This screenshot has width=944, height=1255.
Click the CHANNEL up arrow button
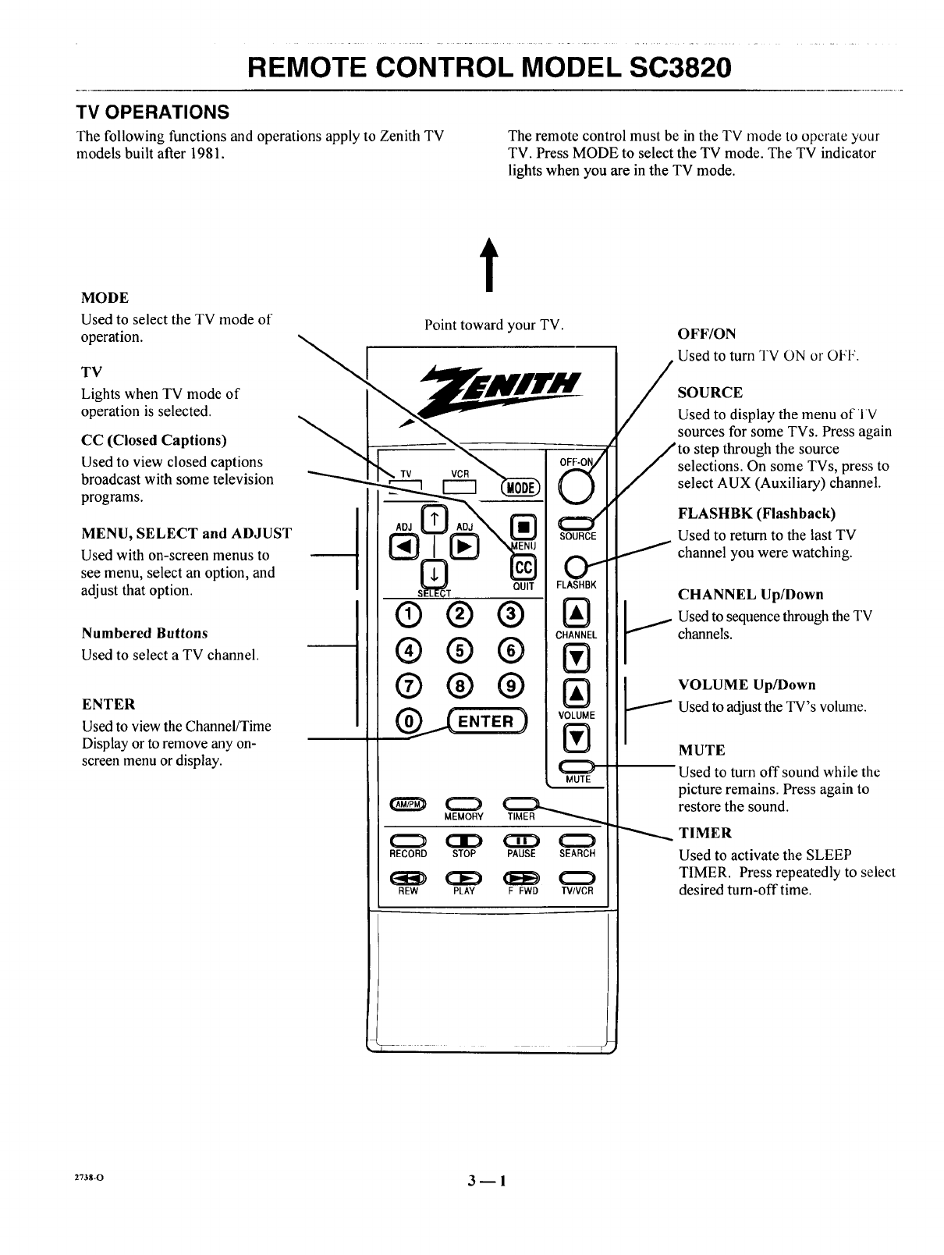(577, 612)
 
